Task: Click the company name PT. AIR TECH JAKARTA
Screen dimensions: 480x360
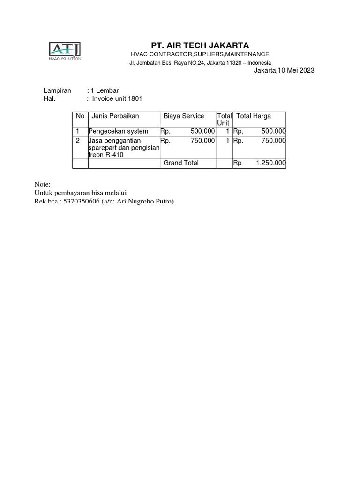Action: [x=200, y=45]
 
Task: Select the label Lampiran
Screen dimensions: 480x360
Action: [x=57, y=90]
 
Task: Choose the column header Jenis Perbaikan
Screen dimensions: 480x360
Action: [x=115, y=116]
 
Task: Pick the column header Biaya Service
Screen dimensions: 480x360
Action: [x=184, y=116]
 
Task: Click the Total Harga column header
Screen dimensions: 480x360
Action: [x=254, y=116]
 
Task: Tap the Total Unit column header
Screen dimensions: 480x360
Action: [x=224, y=119]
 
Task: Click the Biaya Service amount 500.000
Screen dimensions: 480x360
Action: [x=203, y=131]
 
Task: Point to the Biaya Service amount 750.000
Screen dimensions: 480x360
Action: [x=203, y=140]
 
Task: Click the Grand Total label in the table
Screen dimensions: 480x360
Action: [x=181, y=163]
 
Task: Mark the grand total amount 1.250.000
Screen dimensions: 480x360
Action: [x=271, y=163]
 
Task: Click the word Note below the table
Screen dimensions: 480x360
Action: [x=42, y=185]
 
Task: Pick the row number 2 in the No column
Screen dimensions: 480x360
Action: [x=78, y=140]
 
